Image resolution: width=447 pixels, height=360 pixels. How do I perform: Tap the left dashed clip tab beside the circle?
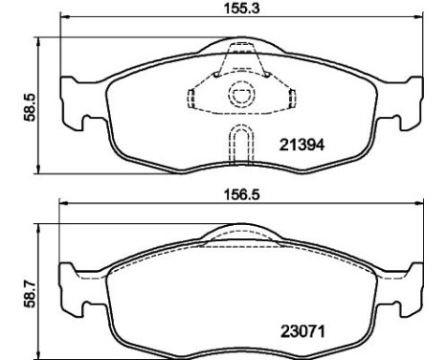pos(191,98)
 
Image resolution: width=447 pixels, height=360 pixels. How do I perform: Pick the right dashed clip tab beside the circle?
pos(285,98)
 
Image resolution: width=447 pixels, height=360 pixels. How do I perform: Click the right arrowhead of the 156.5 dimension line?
pos(414,202)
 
